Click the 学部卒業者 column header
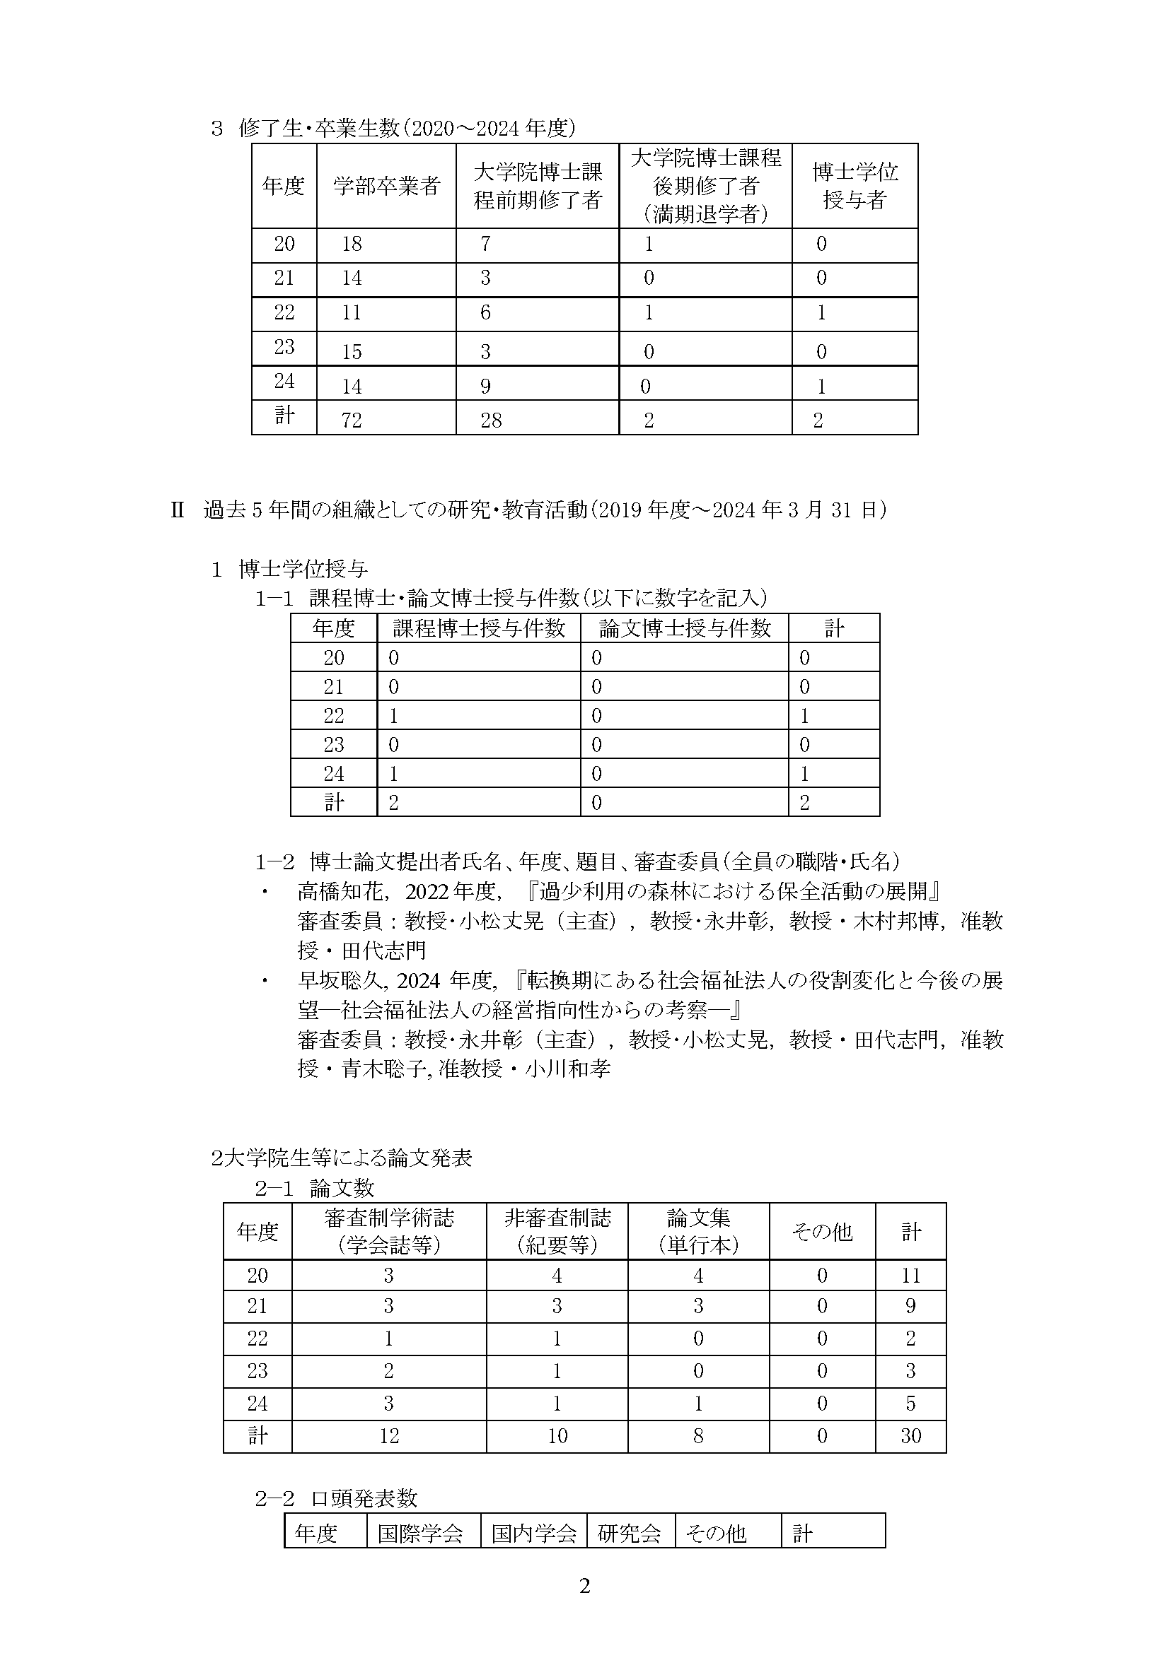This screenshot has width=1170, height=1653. [386, 187]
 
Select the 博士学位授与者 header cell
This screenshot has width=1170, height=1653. [855, 186]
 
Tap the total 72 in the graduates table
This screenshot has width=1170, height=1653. [352, 420]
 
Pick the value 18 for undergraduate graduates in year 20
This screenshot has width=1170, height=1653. [352, 244]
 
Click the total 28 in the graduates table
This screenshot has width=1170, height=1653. [491, 420]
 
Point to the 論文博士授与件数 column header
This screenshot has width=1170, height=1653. [685, 628]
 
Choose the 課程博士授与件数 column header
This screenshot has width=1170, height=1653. [478, 628]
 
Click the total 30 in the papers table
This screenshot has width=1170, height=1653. [910, 1436]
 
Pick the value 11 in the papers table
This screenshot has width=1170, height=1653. [910, 1276]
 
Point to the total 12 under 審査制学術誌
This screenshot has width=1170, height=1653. [389, 1436]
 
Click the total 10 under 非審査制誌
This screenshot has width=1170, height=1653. [557, 1436]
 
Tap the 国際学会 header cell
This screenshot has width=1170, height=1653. [420, 1534]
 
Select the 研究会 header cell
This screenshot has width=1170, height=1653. [629, 1534]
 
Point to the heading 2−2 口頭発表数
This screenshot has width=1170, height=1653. [336, 1499]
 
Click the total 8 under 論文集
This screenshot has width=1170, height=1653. [698, 1436]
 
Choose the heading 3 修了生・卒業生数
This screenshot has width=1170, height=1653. [393, 128]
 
